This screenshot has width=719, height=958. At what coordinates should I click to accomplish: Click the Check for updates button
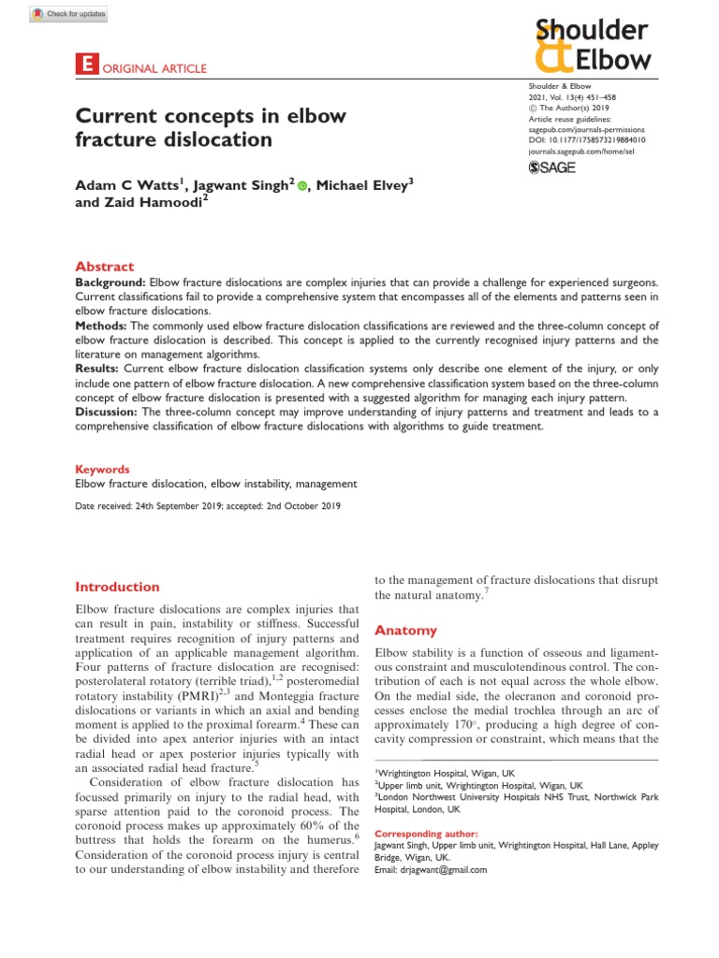click(70, 14)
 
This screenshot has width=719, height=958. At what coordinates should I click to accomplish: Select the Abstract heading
click(104, 267)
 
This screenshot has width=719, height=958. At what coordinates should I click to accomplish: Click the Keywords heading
click(102, 469)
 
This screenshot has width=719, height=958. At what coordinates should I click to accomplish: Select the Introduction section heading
click(117, 587)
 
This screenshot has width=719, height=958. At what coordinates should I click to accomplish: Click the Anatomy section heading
click(404, 630)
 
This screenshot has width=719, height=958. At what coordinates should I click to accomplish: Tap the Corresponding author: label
click(426, 833)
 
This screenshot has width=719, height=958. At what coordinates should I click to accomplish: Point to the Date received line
click(207, 506)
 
